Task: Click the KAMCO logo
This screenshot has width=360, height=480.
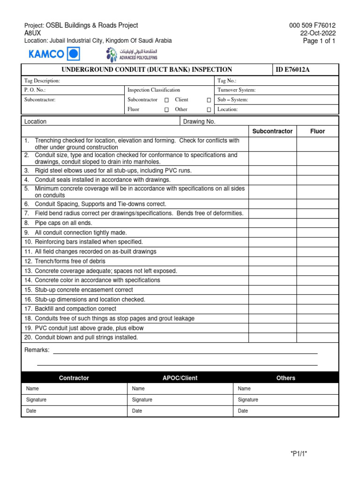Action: (x=54, y=54)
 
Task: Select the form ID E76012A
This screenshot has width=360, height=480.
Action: (x=293, y=70)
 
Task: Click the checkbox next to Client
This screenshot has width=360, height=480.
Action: (x=209, y=100)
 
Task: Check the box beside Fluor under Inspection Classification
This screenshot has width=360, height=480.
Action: (x=166, y=110)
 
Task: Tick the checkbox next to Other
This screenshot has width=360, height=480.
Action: (x=209, y=110)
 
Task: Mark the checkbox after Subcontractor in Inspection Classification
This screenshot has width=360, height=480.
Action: (x=166, y=100)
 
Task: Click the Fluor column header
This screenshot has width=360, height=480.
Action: (x=317, y=131)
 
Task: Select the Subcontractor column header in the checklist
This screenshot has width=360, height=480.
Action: (x=272, y=131)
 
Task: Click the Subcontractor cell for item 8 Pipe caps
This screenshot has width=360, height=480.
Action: (x=272, y=223)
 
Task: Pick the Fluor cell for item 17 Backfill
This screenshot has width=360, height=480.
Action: (x=317, y=309)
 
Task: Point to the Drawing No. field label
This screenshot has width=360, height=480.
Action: (x=199, y=121)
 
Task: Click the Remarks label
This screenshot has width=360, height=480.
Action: (x=37, y=350)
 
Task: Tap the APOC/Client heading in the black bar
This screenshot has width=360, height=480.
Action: (x=180, y=378)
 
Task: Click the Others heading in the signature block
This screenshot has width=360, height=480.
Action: (x=285, y=378)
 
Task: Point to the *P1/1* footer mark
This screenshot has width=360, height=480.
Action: (x=299, y=453)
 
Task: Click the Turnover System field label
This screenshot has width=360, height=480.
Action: (x=236, y=90)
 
